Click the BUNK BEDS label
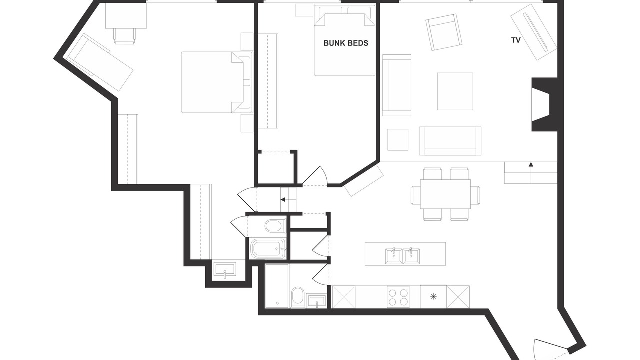pos(346,43)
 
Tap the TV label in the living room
pos(516,40)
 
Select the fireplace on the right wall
pos(544,104)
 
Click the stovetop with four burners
pos(398,297)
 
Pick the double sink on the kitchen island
pos(402,256)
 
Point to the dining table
pos(445,194)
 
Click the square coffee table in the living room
pos(455,91)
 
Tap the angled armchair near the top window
pos(444,32)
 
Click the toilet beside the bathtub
pos(275,226)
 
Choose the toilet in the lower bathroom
pos(298,297)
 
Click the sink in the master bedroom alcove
pos(225,270)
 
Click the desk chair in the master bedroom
pos(125,36)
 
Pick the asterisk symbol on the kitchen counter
pos(433,297)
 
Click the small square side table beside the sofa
pos(398,139)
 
